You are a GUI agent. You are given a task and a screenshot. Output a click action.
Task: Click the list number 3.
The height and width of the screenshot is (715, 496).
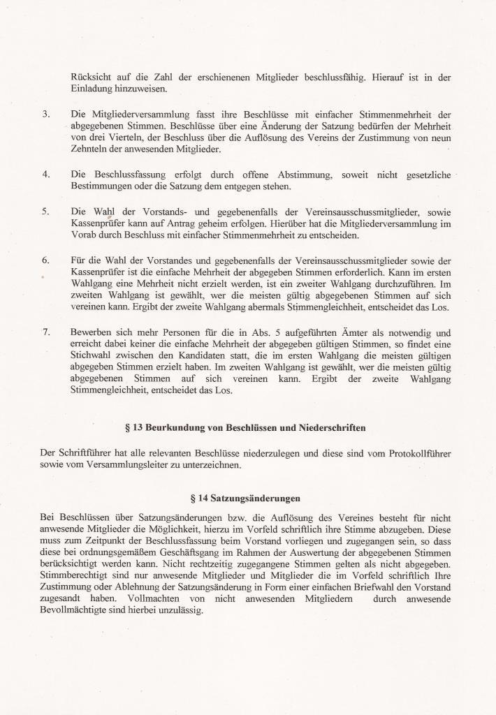[45, 114]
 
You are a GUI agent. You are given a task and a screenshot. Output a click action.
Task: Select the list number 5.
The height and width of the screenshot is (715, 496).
[45, 210]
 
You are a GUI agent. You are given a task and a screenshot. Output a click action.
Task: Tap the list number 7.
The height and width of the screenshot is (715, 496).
[45, 332]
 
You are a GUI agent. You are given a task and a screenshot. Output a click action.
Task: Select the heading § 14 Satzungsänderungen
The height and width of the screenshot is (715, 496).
[245, 499]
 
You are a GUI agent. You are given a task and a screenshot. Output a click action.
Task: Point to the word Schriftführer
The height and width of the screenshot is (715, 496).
[84, 453]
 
